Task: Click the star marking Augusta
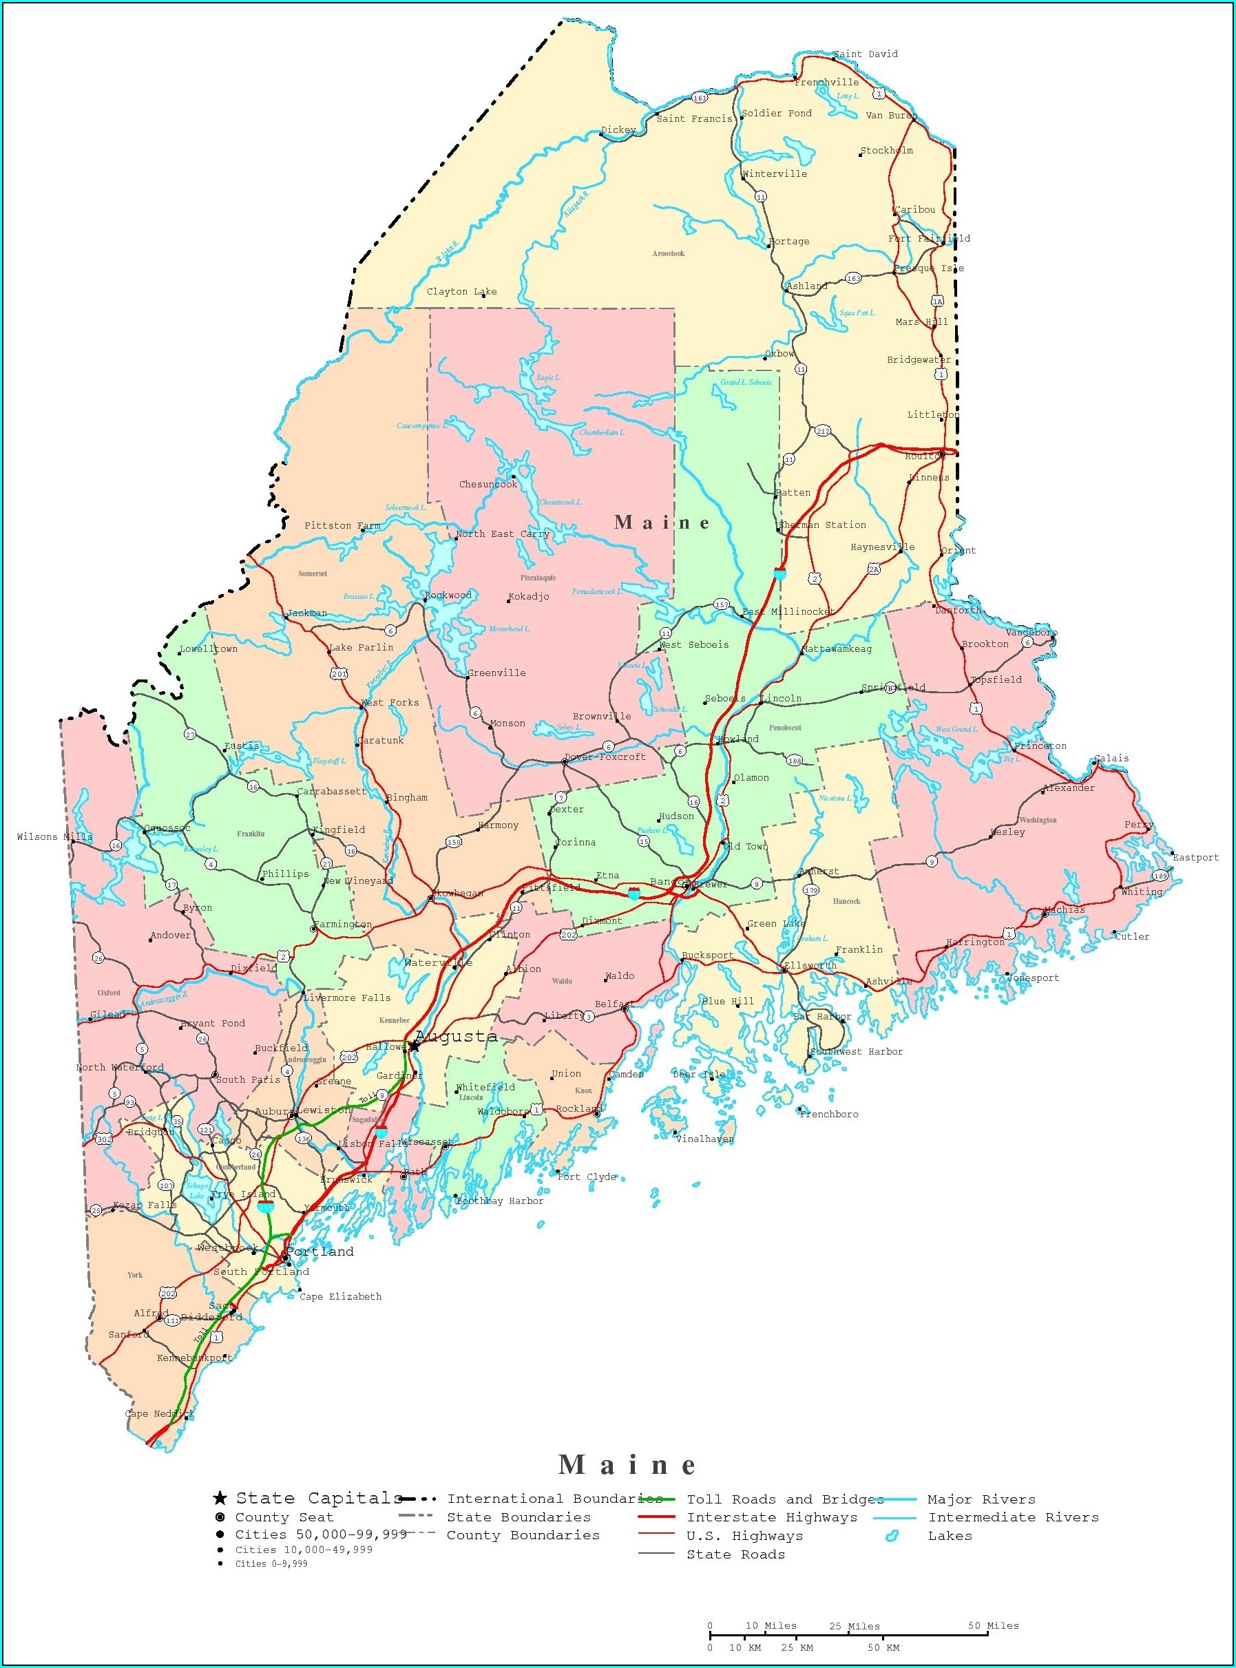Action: [x=413, y=1045]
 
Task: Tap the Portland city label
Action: [x=320, y=1252]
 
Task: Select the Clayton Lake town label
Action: [x=461, y=292]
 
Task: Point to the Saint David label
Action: [x=866, y=54]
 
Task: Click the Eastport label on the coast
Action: [x=1195, y=857]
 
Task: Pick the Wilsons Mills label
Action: [x=54, y=837]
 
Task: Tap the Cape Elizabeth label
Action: [x=340, y=1296]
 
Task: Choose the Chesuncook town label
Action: [x=488, y=484]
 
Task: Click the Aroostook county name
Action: [x=668, y=253]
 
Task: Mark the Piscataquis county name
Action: [x=538, y=578]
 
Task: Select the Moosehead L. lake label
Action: [x=509, y=629]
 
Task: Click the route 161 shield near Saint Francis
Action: [x=700, y=98]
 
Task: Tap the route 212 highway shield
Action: [x=823, y=431]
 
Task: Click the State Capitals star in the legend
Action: [x=220, y=1497]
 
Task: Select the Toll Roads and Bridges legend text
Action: [x=785, y=1499]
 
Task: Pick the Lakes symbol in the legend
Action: [x=891, y=1536]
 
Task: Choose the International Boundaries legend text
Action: [x=554, y=1498]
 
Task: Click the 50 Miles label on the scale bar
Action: [x=993, y=1625]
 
